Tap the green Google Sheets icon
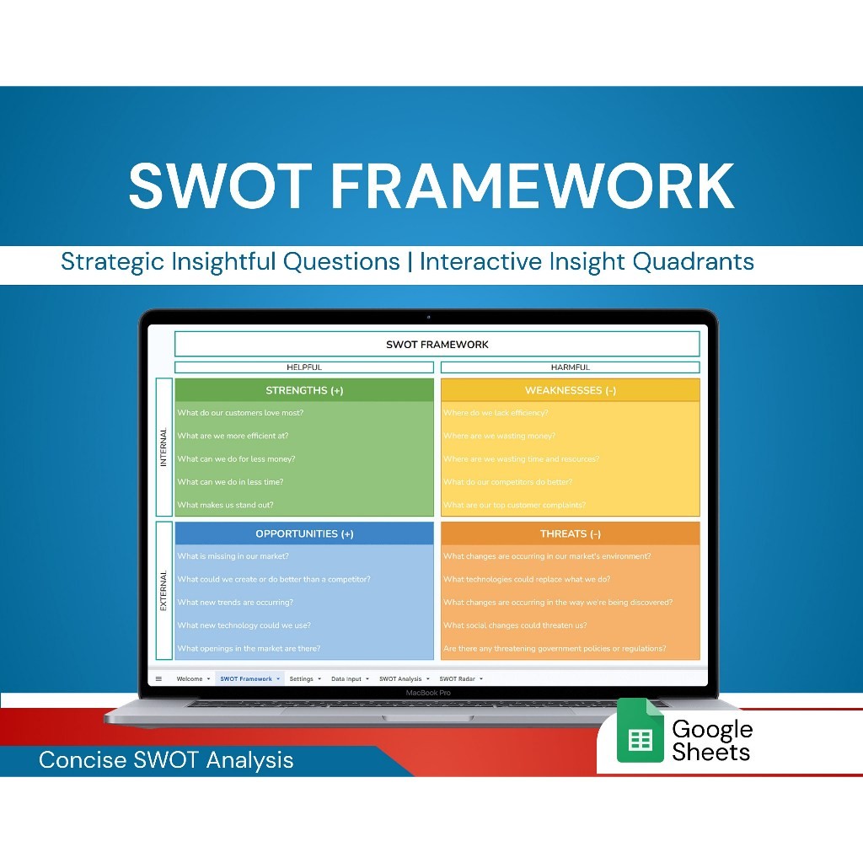(641, 731)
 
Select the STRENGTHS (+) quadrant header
(304, 390)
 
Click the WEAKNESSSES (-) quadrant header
(570, 390)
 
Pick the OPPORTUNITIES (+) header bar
(304, 533)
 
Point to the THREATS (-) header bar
(570, 533)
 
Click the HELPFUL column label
(304, 367)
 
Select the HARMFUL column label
(570, 367)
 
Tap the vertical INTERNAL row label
(163, 448)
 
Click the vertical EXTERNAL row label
(163, 590)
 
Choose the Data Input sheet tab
(346, 678)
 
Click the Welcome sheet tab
(190, 678)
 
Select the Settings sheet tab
(301, 678)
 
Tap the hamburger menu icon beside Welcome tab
(158, 678)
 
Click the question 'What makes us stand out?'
(225, 505)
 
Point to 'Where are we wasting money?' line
(499, 436)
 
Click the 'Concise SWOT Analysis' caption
(166, 760)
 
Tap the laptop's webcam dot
(428, 317)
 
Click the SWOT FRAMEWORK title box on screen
(437, 344)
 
